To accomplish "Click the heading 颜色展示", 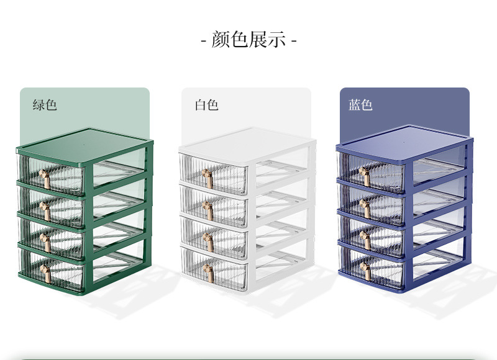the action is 248,40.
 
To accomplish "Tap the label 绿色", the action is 45,105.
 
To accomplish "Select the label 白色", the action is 206,105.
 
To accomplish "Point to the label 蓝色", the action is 360,105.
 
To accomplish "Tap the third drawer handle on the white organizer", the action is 209,240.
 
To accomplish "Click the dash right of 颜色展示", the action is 294,41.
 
